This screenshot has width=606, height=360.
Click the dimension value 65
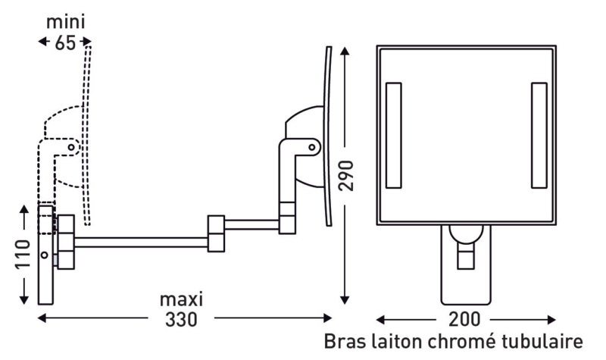[x=65, y=42]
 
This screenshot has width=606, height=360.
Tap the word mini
[x=65, y=20]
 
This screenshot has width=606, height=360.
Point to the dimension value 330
[x=183, y=319]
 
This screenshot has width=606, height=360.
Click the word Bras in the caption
[x=345, y=341]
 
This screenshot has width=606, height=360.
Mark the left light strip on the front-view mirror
[x=394, y=135]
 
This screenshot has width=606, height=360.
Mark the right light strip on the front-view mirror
[x=539, y=135]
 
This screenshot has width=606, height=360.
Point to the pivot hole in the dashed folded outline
[x=73, y=144]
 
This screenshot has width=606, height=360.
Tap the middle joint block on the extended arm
[x=214, y=233]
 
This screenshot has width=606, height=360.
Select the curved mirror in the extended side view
[x=328, y=136]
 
